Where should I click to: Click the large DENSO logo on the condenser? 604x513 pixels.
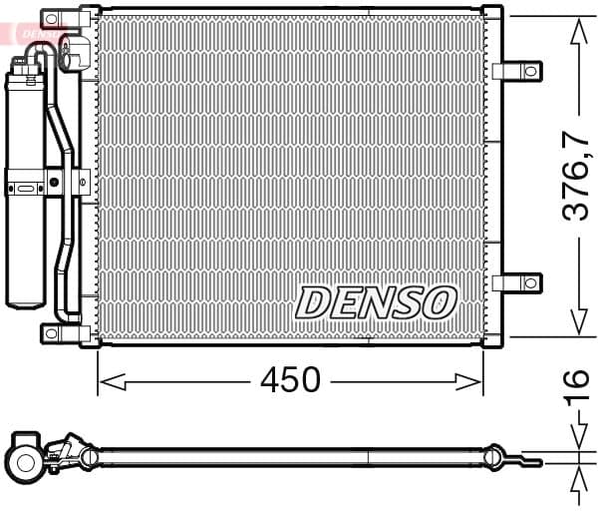tap(377, 302)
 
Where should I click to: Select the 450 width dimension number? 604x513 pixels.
tap(290, 380)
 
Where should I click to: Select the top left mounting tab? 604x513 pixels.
tap(52, 19)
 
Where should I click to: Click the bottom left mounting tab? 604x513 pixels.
tap(51, 332)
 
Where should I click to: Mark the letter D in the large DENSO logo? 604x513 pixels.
tap(311, 302)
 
